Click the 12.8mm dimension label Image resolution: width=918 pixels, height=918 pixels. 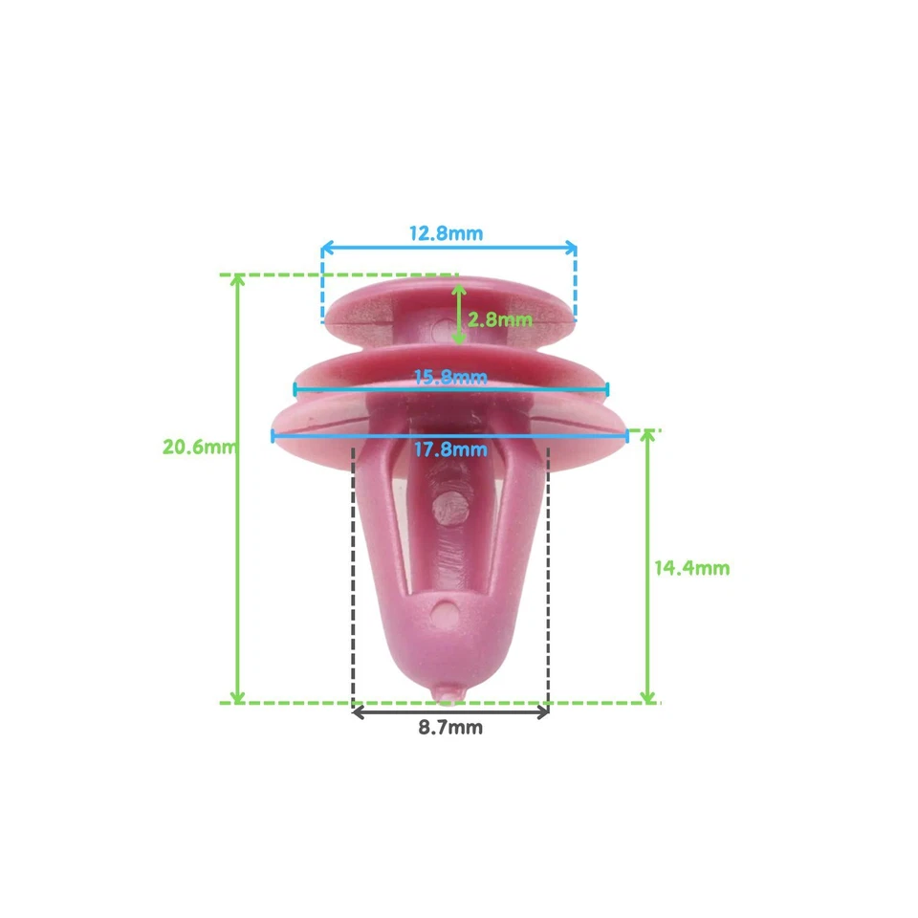click(446, 232)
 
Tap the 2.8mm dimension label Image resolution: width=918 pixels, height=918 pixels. click(499, 319)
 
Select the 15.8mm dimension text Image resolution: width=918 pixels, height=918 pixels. click(449, 376)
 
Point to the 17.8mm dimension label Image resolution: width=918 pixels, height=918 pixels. click(449, 448)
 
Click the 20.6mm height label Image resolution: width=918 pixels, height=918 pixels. click(198, 447)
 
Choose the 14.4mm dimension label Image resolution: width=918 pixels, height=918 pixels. click(691, 568)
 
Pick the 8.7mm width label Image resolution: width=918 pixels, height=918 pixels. click(449, 728)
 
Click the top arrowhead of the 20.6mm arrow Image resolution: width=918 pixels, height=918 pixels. click(239, 280)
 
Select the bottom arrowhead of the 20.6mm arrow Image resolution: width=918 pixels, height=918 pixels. click(239, 697)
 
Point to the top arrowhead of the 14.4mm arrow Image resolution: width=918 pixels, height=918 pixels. click(647, 435)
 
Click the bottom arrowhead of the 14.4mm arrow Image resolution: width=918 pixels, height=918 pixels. click(647, 697)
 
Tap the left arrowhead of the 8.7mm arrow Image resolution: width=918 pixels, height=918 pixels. click(358, 711)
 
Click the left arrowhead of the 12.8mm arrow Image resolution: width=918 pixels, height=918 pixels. click(325, 249)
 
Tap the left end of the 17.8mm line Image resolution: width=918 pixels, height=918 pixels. click(273, 435)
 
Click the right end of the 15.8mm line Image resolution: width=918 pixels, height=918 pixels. click(606, 388)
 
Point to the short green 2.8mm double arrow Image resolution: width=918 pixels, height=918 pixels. click(458, 314)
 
